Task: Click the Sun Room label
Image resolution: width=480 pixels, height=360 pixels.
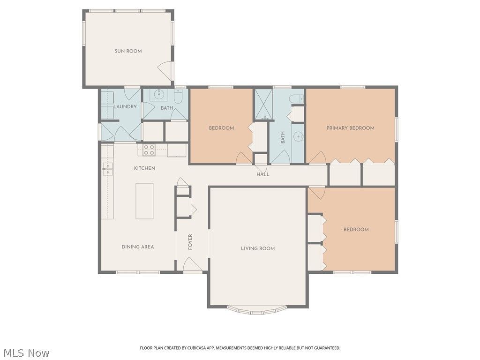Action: tap(128, 51)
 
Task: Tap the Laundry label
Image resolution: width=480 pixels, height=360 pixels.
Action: tap(125, 107)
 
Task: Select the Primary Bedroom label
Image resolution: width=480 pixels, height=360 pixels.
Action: tap(350, 128)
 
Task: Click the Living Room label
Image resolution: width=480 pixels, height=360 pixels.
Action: tap(258, 248)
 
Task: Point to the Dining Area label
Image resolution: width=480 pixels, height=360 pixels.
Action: tap(138, 247)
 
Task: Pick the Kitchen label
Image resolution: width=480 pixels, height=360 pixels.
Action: tap(144, 168)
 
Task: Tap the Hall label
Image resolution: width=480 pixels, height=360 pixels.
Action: tap(263, 174)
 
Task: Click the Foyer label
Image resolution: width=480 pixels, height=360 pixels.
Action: tap(190, 242)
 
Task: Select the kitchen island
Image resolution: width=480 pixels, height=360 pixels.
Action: tap(144, 201)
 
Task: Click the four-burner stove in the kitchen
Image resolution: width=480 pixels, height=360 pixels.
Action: tap(149, 150)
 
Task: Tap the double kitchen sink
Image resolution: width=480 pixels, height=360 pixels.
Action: tap(107, 169)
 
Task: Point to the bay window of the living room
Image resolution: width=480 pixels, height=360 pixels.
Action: tap(257, 310)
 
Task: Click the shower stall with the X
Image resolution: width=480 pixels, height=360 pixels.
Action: tap(263, 105)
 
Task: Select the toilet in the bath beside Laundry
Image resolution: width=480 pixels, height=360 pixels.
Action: tap(178, 96)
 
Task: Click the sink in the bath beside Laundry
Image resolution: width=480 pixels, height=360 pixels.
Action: tap(159, 95)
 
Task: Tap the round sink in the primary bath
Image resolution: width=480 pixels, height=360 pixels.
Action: tap(298, 135)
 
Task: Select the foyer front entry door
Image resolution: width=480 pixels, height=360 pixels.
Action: tap(192, 264)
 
